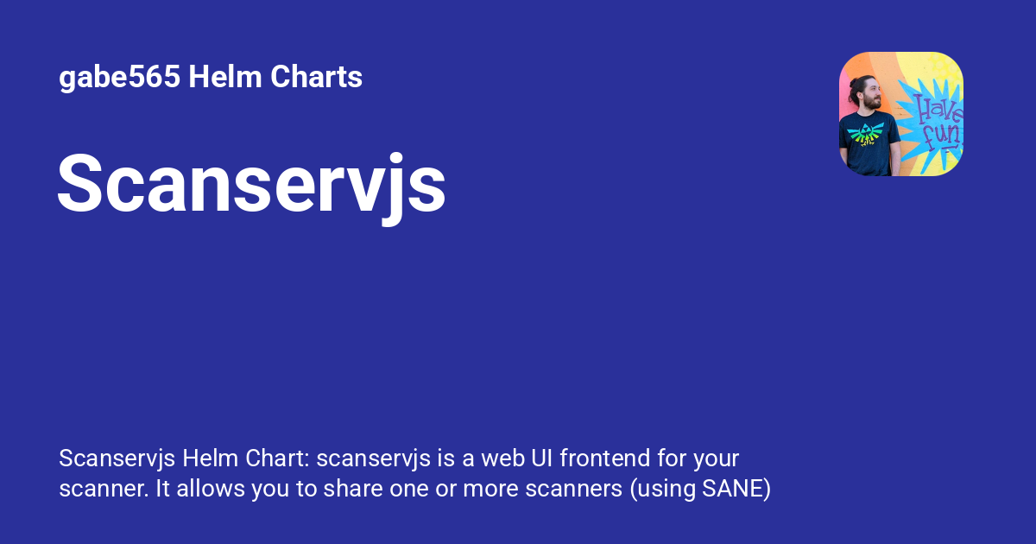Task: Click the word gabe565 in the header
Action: click(x=119, y=78)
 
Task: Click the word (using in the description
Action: click(x=658, y=489)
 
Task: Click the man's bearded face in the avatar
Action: click(x=871, y=98)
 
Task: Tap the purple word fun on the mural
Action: click(x=944, y=138)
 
